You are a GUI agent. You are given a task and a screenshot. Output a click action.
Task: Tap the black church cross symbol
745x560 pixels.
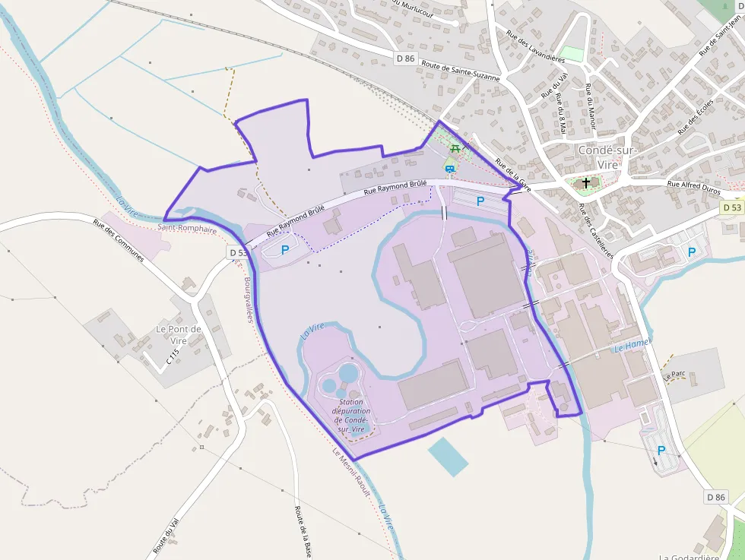point(586,183)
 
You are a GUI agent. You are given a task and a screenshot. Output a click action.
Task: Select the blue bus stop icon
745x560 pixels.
point(450,169)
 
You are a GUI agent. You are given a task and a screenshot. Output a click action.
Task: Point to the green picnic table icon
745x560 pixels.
point(455,147)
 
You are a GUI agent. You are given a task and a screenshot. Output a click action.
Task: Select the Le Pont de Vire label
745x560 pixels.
point(179,335)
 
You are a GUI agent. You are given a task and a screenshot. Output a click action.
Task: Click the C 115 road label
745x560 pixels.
point(173,356)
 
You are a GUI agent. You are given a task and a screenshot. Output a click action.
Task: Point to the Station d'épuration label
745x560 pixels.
point(352,416)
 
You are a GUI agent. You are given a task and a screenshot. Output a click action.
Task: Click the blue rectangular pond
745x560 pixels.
point(448,455)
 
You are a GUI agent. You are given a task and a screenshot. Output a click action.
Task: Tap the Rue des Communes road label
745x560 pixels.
point(118,240)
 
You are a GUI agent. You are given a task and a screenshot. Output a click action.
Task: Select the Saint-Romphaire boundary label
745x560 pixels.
point(187,228)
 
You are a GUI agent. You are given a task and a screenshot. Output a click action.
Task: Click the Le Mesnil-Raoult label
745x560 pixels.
point(351,471)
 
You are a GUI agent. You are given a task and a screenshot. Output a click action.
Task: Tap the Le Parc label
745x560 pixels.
point(674,375)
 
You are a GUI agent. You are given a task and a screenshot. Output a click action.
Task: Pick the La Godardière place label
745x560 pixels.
point(689,556)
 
